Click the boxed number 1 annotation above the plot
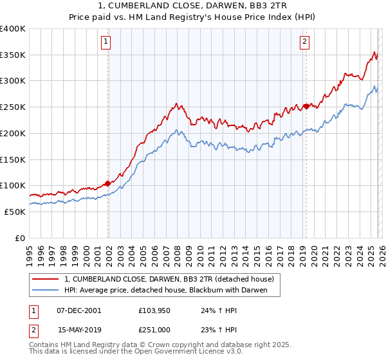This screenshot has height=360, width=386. point(106,42)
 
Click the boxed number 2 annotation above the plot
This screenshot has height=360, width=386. point(304,42)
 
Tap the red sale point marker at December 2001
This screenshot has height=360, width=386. point(107,183)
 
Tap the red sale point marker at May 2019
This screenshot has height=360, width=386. point(306,106)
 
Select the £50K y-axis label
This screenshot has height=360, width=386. point(15,212)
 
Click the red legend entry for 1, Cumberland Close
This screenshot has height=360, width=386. point(169,279)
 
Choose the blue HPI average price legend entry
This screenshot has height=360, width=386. point(172,291)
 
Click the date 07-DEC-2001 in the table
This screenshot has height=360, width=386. point(79,310)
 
